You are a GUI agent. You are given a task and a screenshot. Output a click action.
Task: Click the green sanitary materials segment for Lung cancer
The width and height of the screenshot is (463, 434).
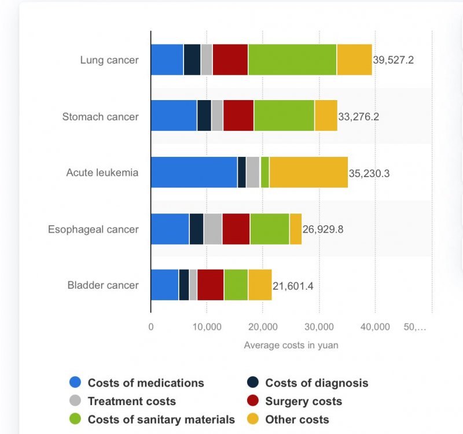tap(292, 60)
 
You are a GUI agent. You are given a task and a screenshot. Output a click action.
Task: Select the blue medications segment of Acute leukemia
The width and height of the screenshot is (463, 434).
tap(194, 172)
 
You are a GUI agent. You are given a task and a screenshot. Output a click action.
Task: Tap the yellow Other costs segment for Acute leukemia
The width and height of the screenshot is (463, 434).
tap(308, 172)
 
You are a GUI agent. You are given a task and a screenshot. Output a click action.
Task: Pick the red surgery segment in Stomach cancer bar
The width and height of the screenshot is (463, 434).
tap(238, 116)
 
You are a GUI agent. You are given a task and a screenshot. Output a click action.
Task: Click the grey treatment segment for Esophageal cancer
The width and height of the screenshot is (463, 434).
tap(212, 229)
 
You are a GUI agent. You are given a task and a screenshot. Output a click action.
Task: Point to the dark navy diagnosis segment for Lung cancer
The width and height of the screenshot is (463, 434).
tap(192, 60)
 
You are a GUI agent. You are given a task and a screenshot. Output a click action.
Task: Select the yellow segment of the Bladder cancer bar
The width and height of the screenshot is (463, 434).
tap(260, 285)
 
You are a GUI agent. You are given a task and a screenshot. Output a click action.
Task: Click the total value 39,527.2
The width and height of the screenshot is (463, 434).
tap(394, 60)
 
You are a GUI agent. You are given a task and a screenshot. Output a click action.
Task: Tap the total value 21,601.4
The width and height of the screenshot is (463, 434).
tap(293, 285)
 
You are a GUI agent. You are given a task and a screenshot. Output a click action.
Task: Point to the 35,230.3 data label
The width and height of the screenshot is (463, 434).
tap(369, 173)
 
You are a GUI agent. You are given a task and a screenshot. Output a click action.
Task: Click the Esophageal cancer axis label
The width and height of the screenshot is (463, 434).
tap(93, 229)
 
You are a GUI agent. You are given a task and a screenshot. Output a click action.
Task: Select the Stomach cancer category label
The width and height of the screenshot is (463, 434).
tap(101, 116)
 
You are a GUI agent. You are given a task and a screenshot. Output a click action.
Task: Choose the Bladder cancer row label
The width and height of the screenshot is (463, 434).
tap(103, 285)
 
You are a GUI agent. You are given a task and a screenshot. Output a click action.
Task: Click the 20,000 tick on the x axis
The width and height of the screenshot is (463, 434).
tap(262, 327)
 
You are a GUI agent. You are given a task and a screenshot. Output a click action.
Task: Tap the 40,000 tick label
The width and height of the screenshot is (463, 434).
tap(374, 327)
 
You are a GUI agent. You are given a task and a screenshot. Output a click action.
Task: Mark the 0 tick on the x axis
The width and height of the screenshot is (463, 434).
tap(151, 327)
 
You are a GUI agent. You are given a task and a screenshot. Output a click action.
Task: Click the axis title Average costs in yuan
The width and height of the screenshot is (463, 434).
tap(291, 345)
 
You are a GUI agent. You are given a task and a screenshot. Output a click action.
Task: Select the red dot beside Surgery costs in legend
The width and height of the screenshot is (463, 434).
tap(252, 401)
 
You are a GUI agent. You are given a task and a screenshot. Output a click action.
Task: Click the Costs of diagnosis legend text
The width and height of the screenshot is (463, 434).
tap(317, 382)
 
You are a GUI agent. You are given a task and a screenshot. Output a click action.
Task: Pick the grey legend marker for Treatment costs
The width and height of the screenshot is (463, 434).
tap(75, 401)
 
